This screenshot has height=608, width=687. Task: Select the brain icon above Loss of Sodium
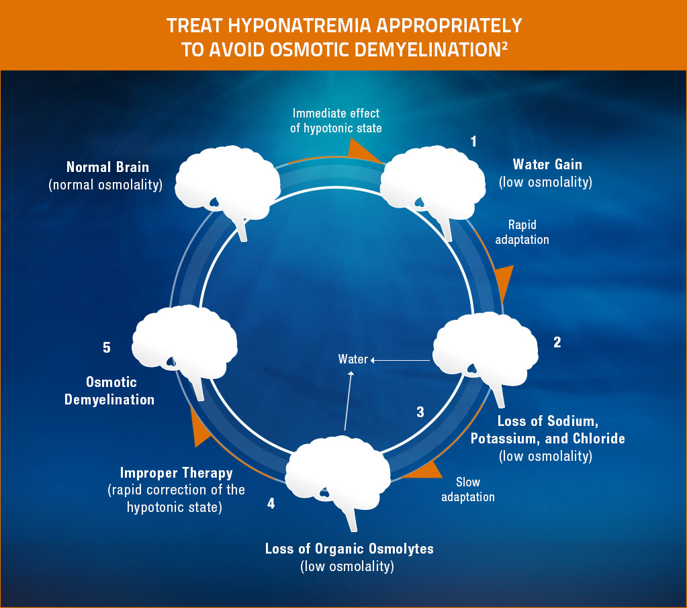pyautogui.click(x=485, y=349)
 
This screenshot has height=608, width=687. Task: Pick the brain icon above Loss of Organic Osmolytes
pyautogui.click(x=338, y=470)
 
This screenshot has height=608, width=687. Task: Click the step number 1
pyautogui.click(x=473, y=141)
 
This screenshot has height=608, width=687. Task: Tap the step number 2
pyautogui.click(x=557, y=342)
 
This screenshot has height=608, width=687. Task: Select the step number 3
pyautogui.click(x=420, y=412)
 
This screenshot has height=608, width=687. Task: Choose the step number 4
pyautogui.click(x=271, y=503)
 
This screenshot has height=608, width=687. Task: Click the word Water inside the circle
pyautogui.click(x=353, y=359)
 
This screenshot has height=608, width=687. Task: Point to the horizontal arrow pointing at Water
pyautogui.click(x=400, y=361)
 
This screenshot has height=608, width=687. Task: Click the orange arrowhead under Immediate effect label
pyautogui.click(x=361, y=149)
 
